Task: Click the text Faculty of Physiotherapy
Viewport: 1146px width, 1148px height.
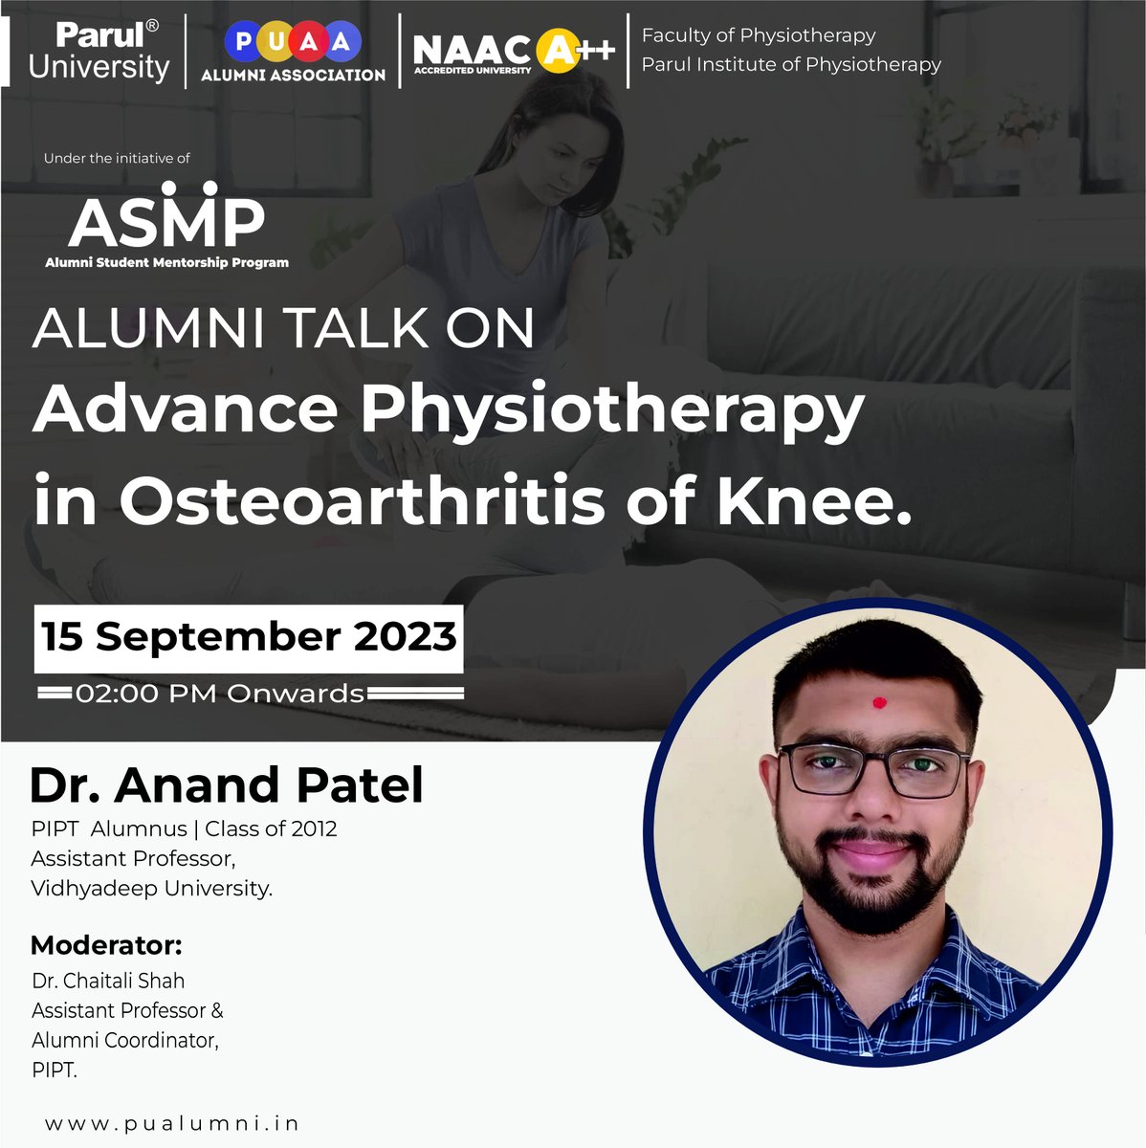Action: pos(759,35)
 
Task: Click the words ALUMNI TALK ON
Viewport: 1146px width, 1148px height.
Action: pos(283,328)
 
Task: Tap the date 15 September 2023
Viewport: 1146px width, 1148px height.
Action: pos(249,637)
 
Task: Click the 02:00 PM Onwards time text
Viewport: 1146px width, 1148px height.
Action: pos(220,693)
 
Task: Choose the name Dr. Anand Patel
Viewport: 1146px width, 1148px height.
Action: pos(226,784)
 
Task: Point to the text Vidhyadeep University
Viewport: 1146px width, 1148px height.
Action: pos(151,888)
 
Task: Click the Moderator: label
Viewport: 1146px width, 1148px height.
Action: pos(106,945)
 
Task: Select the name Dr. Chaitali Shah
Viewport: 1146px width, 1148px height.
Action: pos(108,981)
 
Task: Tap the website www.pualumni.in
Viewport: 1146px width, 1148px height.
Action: pos(172,1122)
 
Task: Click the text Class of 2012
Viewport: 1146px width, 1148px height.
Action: pos(271,828)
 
